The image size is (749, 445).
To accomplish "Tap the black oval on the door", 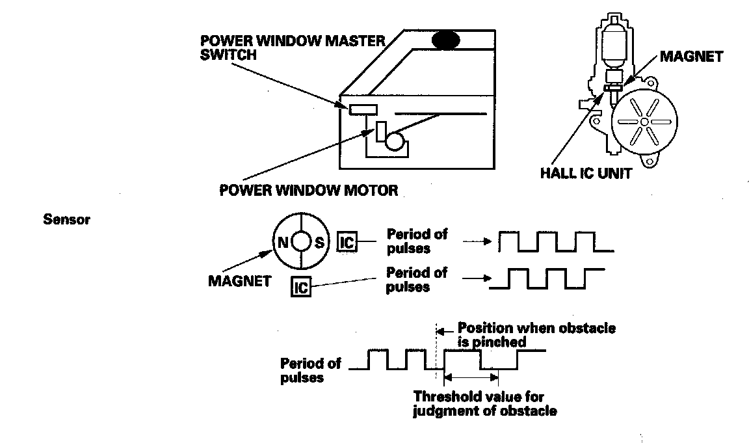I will [x=446, y=40].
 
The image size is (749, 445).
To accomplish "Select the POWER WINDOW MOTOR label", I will [x=308, y=191].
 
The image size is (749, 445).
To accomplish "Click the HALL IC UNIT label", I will [x=585, y=174].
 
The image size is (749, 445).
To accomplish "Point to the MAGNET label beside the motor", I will [x=691, y=57].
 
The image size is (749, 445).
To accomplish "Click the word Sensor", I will [x=67, y=219].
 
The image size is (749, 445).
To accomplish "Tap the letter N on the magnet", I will [x=283, y=243].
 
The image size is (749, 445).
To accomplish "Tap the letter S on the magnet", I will [x=319, y=243].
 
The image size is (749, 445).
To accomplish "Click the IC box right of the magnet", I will [x=347, y=243].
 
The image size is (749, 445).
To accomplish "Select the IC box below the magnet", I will [x=300, y=286].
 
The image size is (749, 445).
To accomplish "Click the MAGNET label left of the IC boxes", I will [x=239, y=282].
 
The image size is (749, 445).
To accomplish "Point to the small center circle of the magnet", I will [x=301, y=242].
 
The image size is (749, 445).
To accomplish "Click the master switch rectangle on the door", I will [x=363, y=109].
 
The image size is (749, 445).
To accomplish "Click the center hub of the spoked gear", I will [x=643, y=122].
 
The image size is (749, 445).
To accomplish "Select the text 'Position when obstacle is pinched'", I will [x=536, y=334].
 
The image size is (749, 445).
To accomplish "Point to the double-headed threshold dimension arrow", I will [x=471, y=377].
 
